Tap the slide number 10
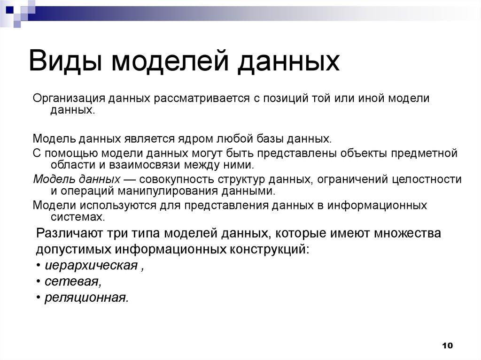tap(447, 346)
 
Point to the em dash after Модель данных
tap(130, 179)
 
